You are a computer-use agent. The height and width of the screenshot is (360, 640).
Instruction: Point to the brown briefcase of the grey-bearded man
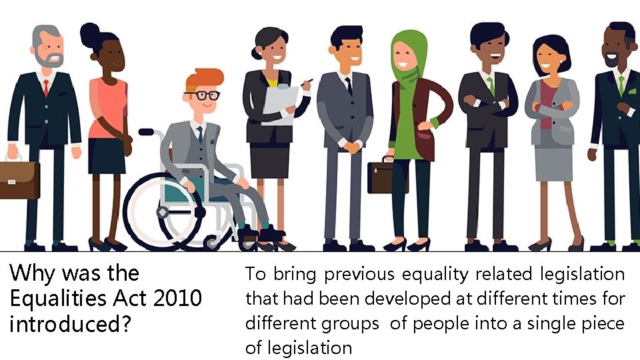coord(19,179)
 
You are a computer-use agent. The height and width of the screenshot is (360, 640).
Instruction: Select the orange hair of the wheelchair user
coord(202,79)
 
